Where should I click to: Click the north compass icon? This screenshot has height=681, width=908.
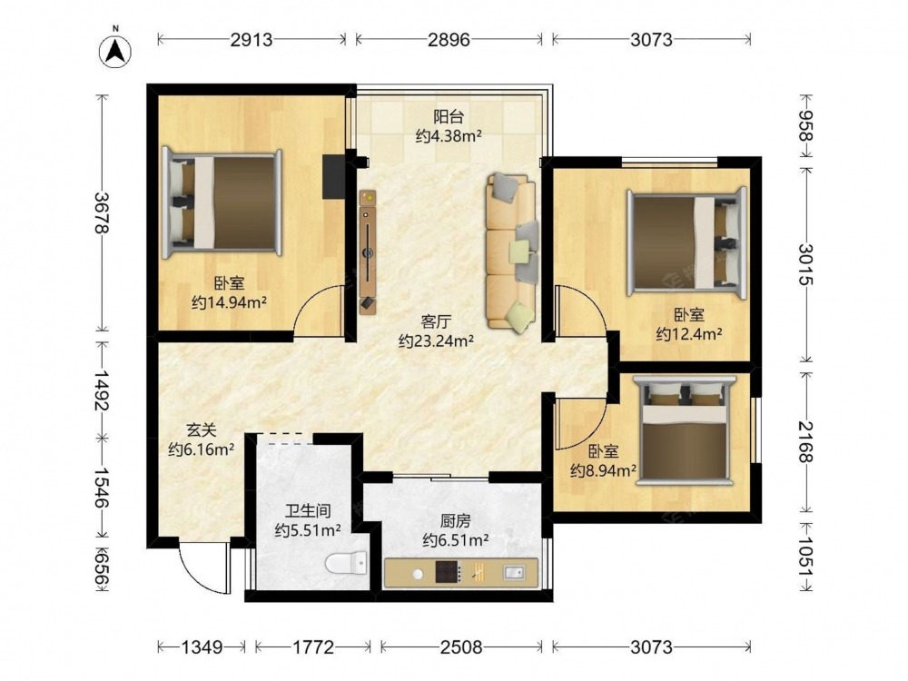pos(115,50)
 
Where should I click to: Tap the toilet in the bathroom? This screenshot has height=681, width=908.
pos(346,563)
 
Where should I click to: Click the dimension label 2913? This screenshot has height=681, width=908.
pos(252,39)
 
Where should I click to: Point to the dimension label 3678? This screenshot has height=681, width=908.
pos(103,212)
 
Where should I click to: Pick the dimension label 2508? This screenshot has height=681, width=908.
pos(461,646)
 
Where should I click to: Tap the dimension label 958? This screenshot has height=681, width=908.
pos(805,125)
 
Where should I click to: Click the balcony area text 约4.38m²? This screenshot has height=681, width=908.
pos(449,136)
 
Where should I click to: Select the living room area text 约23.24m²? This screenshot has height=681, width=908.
pos(437,340)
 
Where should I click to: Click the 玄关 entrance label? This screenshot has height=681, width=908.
pos(201,429)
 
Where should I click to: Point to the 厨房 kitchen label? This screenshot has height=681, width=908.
pos(455,521)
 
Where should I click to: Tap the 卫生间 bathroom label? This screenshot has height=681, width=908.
pos(308,510)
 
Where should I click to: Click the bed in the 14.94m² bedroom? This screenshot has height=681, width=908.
pos(222,202)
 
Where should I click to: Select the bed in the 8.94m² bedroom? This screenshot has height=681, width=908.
pos(685,429)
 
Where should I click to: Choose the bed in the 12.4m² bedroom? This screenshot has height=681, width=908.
pos(686,243)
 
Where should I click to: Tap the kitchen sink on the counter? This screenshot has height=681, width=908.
pos(515,573)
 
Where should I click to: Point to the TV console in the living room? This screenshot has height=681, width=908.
pos(367,252)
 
